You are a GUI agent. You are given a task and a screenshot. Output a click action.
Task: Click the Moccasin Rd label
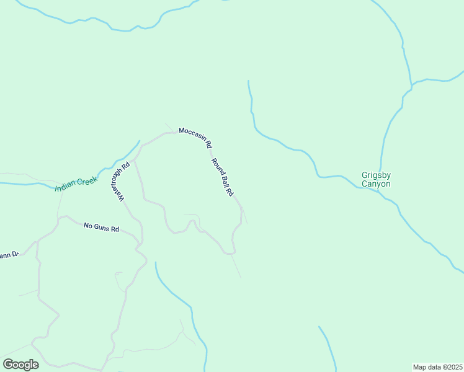point(196,138)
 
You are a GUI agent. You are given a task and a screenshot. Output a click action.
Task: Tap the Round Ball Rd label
point(222,178)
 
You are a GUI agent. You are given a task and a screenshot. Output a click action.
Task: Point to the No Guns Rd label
point(101,228)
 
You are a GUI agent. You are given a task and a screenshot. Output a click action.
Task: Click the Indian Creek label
point(76,184)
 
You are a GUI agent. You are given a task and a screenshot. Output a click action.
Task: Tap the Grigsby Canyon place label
point(376,179)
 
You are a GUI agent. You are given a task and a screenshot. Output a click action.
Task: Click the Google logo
point(20,364)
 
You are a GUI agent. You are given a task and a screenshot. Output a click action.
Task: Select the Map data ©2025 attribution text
point(438,366)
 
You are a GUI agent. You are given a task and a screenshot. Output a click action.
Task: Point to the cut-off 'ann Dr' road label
point(9,254)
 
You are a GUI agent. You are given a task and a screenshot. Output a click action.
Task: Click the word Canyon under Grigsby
point(376,184)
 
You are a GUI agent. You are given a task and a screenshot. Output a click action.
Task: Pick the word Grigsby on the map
point(376,175)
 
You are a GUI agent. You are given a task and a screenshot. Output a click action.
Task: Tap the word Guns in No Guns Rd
point(102,228)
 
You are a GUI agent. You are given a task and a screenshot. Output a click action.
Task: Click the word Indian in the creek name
point(66,187)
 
